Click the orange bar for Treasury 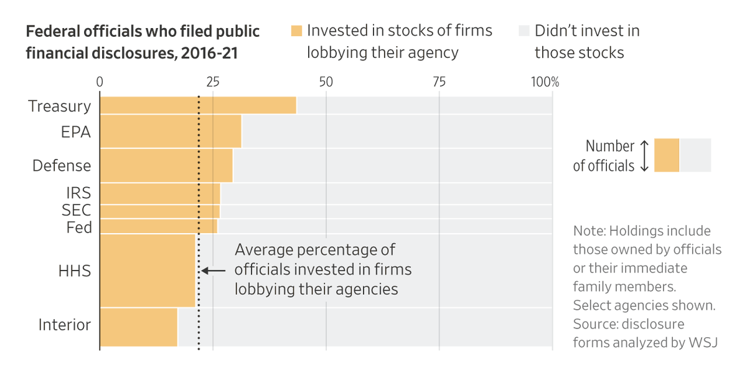[x=198, y=105]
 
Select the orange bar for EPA [x=171, y=132]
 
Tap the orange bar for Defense [x=166, y=165]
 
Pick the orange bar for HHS [x=148, y=271]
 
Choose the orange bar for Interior [x=139, y=327]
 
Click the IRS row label [x=78, y=193]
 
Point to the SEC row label [x=77, y=211]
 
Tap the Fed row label [x=79, y=228]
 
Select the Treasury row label [x=60, y=106]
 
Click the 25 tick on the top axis [x=213, y=82]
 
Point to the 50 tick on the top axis [x=326, y=82]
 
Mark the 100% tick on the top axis [x=545, y=82]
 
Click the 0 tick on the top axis [x=100, y=82]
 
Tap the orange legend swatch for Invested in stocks [x=296, y=31]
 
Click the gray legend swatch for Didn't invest [x=524, y=31]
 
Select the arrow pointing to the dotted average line [x=214, y=271]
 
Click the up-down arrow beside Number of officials [x=644, y=156]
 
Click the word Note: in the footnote [x=590, y=231]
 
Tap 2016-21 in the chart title [x=209, y=53]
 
